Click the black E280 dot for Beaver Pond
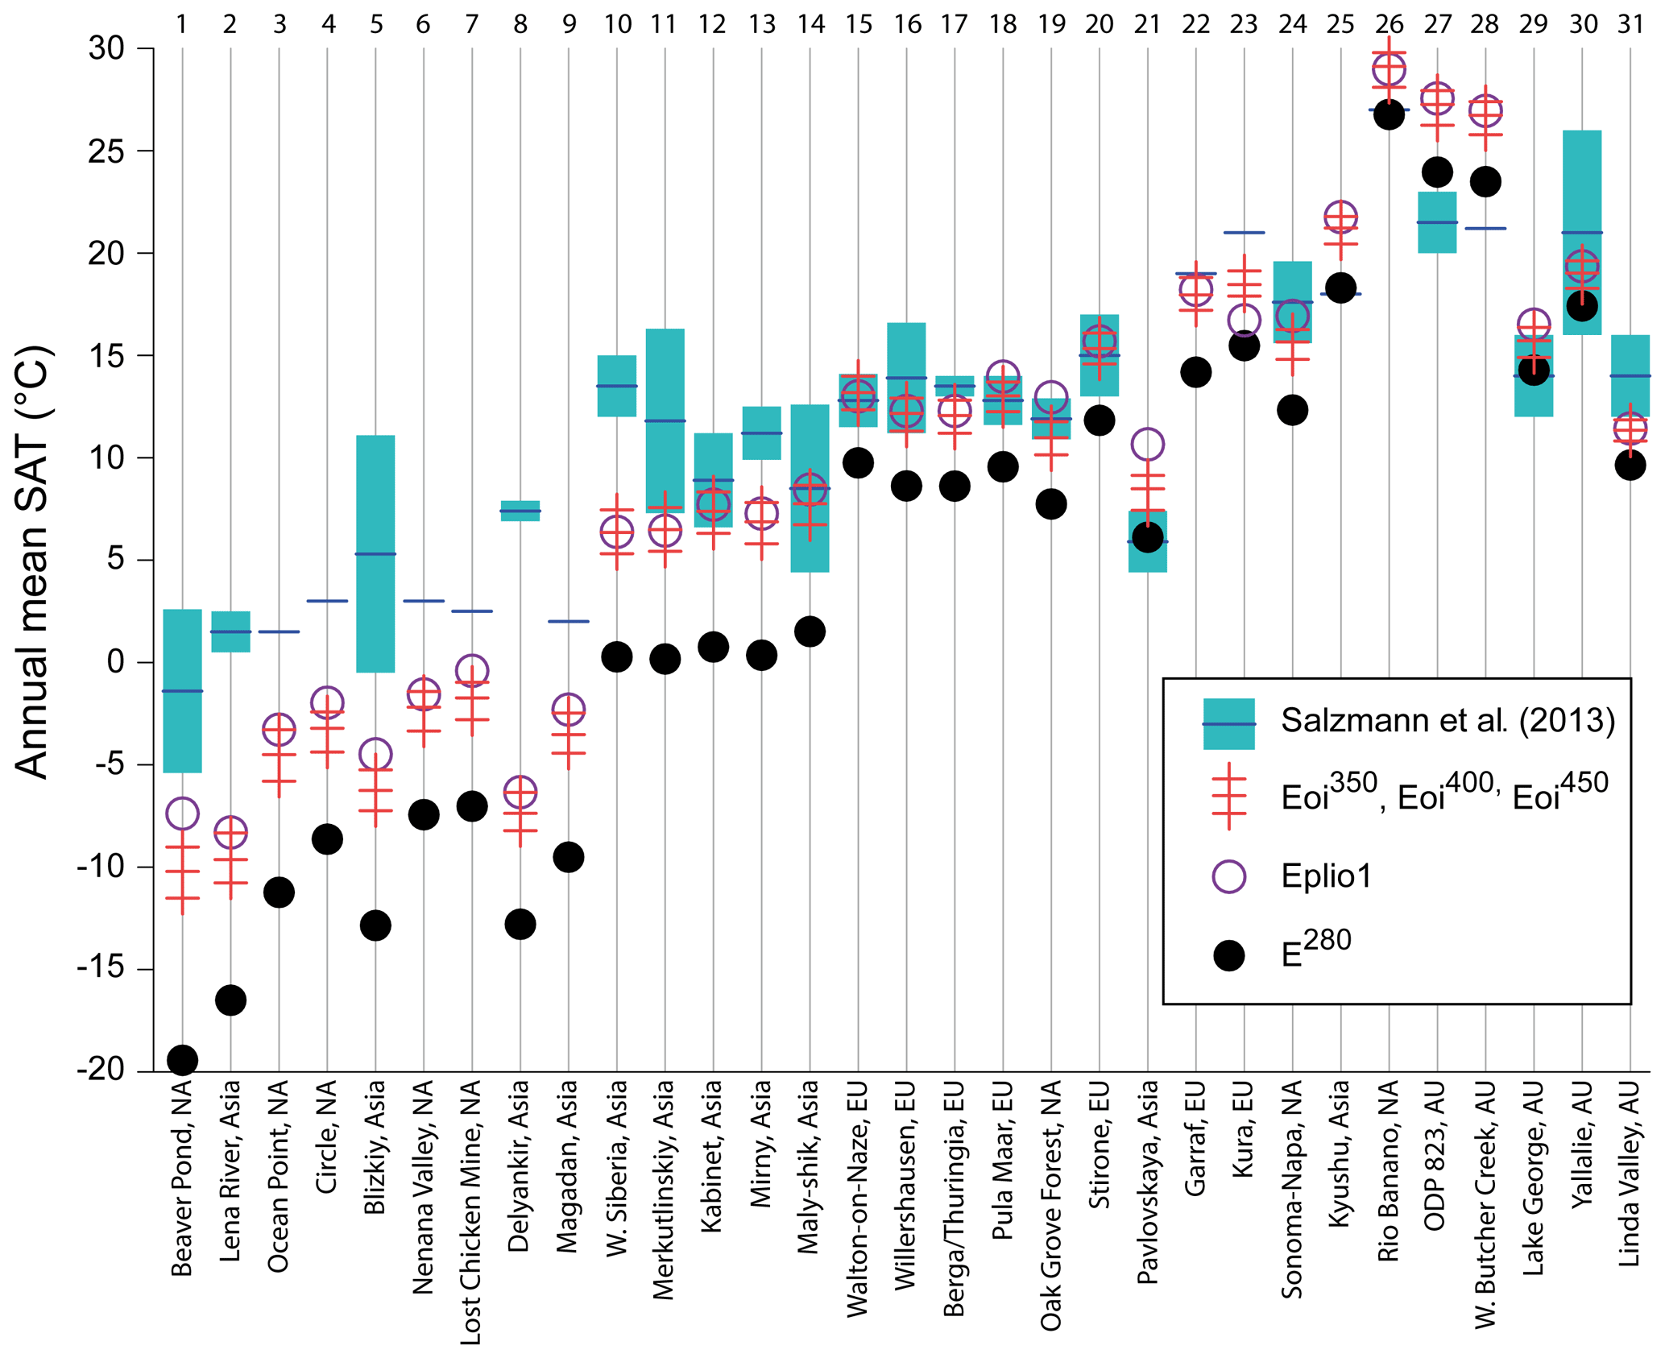(182, 1060)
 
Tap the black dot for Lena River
(230, 1000)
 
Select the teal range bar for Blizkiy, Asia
(375, 553)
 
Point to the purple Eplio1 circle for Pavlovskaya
(1147, 444)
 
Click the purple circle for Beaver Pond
(182, 814)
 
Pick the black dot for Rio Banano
(1389, 115)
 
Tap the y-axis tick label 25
(106, 151)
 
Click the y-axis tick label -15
(101, 969)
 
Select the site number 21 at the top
(1147, 24)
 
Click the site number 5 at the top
(376, 24)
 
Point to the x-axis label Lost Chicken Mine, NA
(471, 1212)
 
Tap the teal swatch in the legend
(1228, 723)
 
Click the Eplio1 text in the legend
(1326, 876)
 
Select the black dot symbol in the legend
(1228, 955)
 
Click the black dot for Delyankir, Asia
(520, 924)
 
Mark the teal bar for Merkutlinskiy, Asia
(665, 420)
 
